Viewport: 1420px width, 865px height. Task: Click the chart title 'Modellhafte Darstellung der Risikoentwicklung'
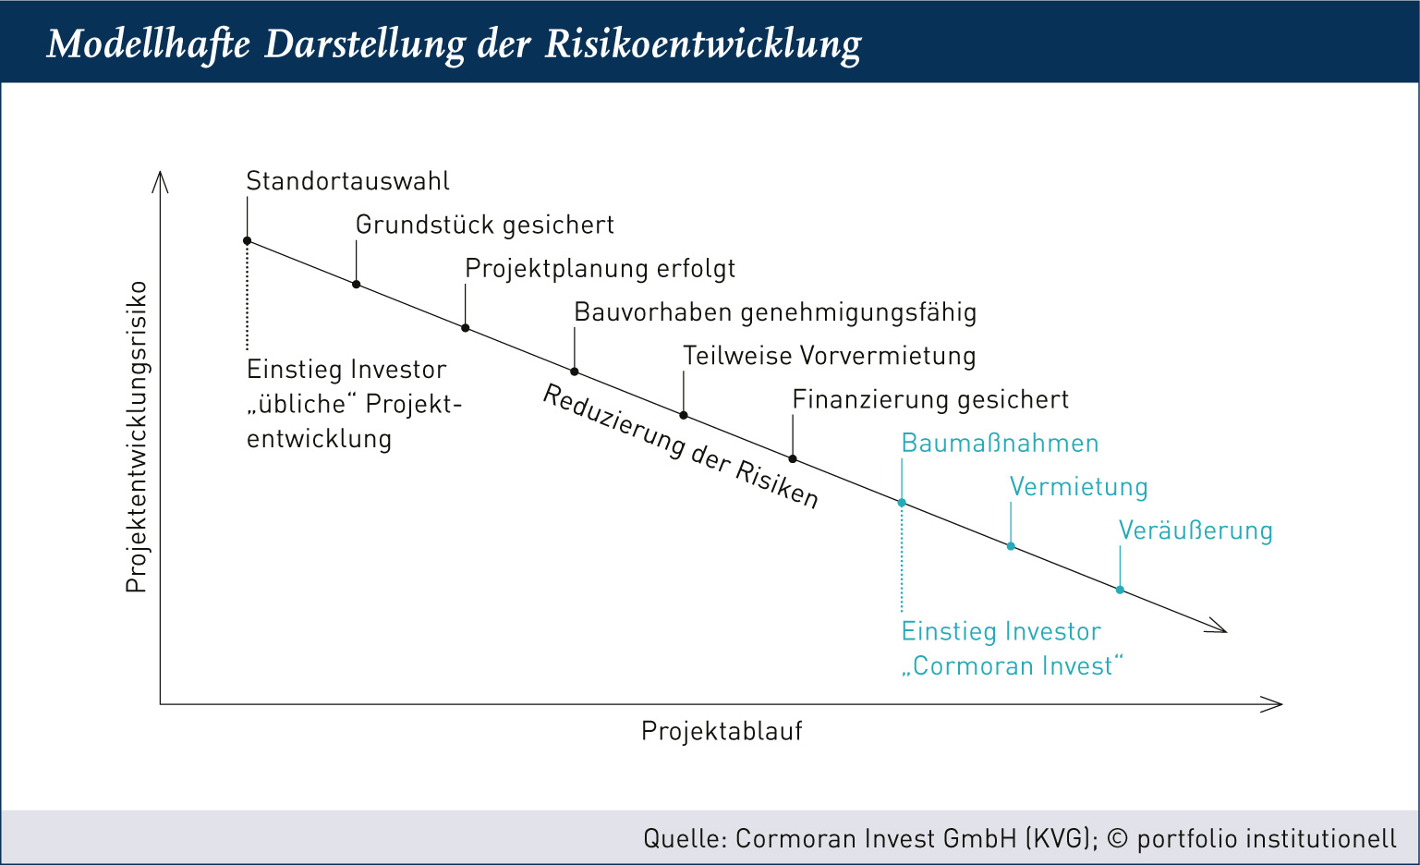pyautogui.click(x=454, y=44)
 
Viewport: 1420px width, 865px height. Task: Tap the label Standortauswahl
pyautogui.click(x=348, y=181)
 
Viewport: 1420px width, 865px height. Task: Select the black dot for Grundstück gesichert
pyautogui.click(x=357, y=284)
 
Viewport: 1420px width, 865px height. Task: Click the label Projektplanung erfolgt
pyautogui.click(x=601, y=269)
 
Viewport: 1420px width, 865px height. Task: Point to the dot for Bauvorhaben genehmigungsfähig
pyautogui.click(x=575, y=372)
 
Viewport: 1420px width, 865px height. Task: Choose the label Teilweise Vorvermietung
pyautogui.click(x=829, y=356)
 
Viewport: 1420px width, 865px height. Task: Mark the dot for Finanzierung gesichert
pyautogui.click(x=793, y=458)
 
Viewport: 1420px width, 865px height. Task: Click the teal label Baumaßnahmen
pyautogui.click(x=1000, y=444)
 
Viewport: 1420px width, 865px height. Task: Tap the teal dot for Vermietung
pyautogui.click(x=1011, y=546)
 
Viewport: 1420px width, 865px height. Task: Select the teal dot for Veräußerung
pyautogui.click(x=1120, y=590)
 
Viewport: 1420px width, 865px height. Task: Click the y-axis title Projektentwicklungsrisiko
pyautogui.click(x=137, y=437)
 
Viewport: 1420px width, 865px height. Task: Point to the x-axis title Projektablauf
pyautogui.click(x=722, y=731)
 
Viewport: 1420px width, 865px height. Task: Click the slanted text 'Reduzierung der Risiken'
pyautogui.click(x=681, y=446)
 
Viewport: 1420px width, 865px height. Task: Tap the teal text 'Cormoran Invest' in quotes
pyautogui.click(x=1013, y=666)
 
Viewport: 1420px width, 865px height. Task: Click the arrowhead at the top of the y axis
pyautogui.click(x=160, y=180)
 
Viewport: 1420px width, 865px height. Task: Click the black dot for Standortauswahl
pyautogui.click(x=248, y=241)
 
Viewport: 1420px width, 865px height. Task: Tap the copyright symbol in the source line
pyautogui.click(x=1118, y=838)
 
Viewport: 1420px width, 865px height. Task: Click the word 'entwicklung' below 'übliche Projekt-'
pyautogui.click(x=319, y=439)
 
